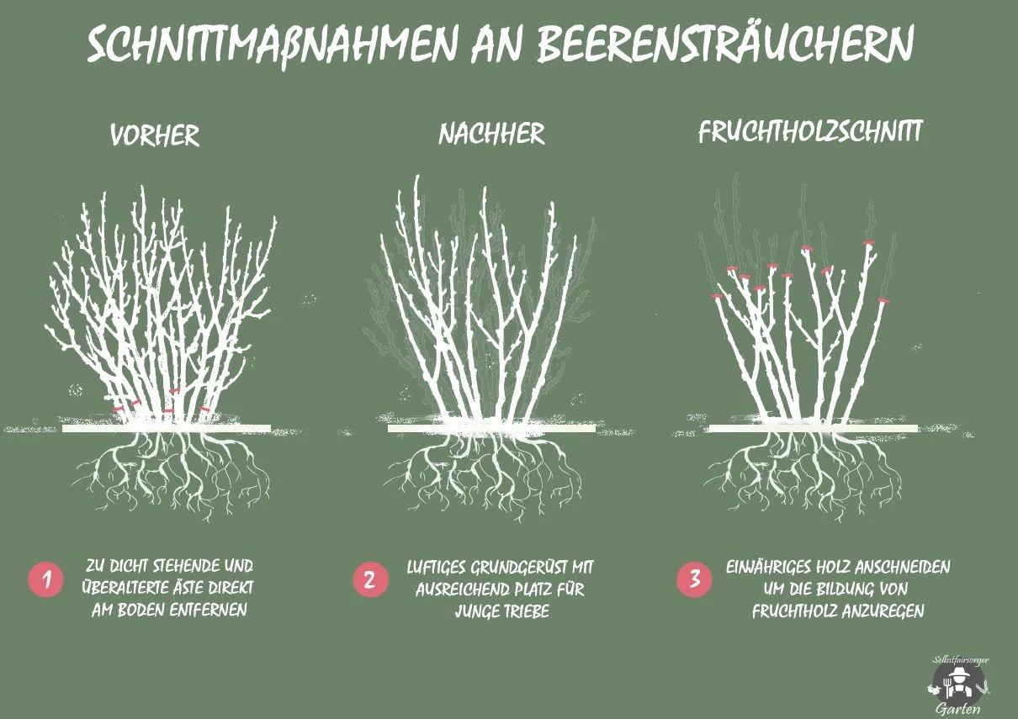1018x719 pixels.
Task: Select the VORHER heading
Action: (x=155, y=136)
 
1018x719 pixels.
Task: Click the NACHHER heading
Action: (x=491, y=134)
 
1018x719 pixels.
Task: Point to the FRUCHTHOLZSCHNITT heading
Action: (x=811, y=132)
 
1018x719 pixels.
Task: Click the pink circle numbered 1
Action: (x=45, y=580)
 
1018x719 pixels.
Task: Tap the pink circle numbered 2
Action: (x=370, y=580)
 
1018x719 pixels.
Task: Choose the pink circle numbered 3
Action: (x=694, y=580)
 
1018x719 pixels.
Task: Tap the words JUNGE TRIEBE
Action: (x=501, y=611)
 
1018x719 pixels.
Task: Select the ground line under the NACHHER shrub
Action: (x=491, y=429)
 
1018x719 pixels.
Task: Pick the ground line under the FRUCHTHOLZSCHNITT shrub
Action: (x=813, y=429)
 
